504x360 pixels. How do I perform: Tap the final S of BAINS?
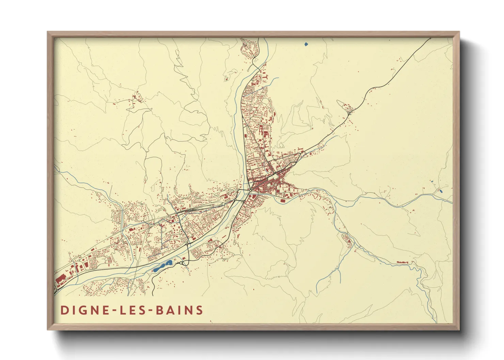(x=200, y=310)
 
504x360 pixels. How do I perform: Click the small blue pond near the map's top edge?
(x=306, y=44)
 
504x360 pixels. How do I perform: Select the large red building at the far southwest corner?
(x=61, y=280)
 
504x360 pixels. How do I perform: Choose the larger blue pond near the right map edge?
(x=441, y=191)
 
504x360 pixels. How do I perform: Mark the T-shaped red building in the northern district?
(x=262, y=130)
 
